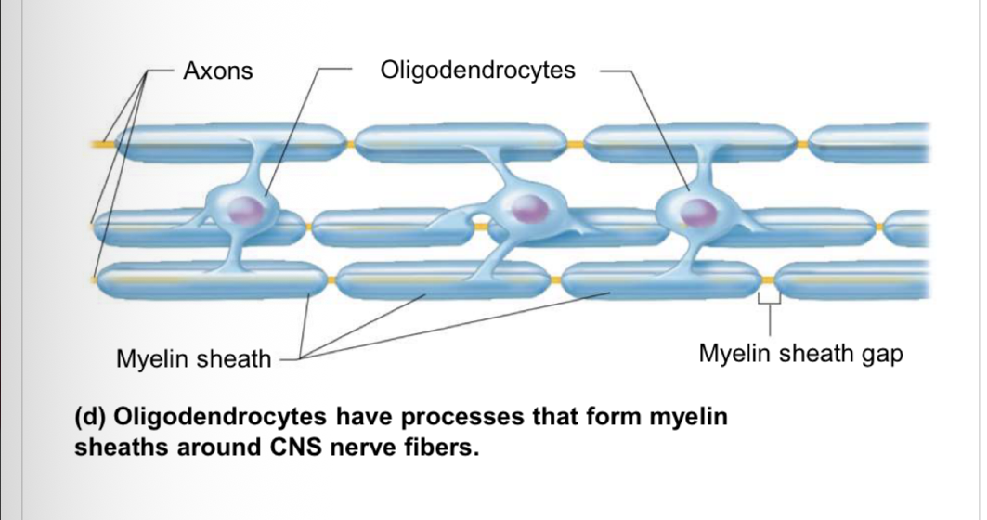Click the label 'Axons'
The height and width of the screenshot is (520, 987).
pos(218,71)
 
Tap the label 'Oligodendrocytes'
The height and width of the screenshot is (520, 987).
pos(478,71)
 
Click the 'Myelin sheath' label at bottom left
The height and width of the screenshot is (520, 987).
pos(192,358)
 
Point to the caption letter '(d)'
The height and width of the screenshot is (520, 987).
pos(93,414)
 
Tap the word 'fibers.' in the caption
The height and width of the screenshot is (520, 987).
pos(441,448)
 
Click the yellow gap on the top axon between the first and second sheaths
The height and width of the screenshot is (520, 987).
pos(350,145)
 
